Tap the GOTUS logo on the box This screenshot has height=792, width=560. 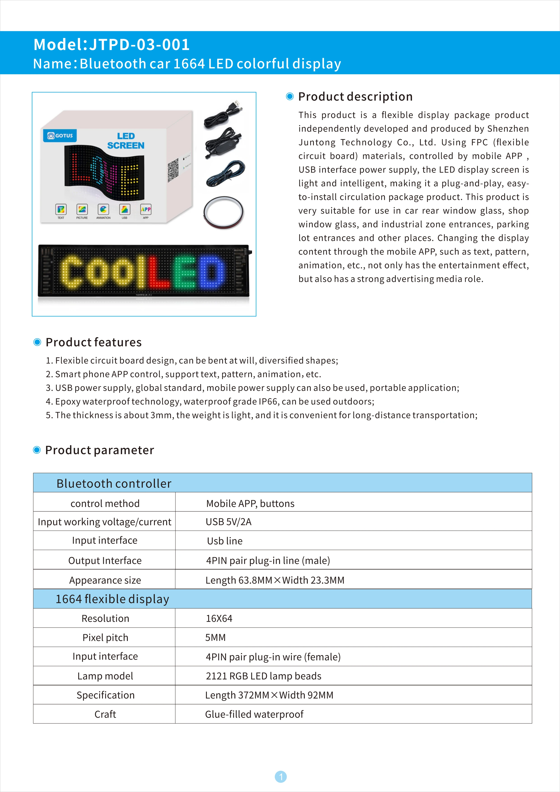[x=60, y=136]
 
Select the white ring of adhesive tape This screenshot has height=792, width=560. [x=224, y=212]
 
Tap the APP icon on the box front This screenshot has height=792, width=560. [x=145, y=209]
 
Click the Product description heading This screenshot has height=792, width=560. [x=355, y=97]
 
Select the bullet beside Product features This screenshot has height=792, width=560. [x=37, y=342]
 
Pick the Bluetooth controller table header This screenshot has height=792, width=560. [x=114, y=483]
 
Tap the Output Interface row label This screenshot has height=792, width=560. [x=105, y=561]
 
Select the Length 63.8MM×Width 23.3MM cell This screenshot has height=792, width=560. [x=275, y=580]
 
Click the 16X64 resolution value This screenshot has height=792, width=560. [x=219, y=619]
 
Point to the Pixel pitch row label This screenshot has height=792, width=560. [x=105, y=638]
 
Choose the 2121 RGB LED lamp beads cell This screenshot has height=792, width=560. [x=264, y=676]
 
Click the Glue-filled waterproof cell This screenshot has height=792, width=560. [x=254, y=714]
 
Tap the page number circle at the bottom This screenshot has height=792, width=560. [x=281, y=777]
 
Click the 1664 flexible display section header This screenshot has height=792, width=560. [x=112, y=599]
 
